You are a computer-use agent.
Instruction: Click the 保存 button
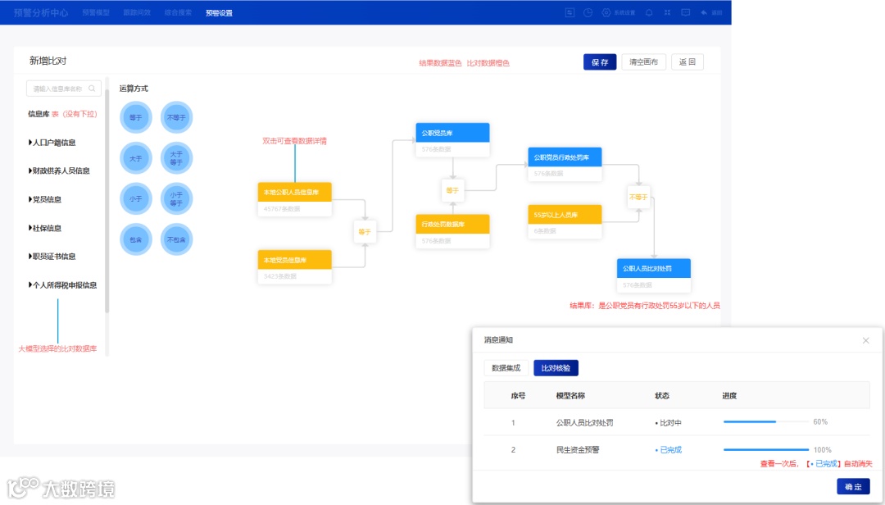599,62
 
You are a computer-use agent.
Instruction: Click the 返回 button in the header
687,62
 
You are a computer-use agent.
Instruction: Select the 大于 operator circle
135,157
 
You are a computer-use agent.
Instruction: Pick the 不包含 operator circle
176,239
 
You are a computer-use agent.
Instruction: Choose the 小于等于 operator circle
176,198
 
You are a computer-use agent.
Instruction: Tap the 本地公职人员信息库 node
294,192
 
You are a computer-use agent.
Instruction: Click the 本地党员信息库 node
294,260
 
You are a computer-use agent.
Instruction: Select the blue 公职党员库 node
452,133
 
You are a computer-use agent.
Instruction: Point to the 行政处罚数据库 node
452,224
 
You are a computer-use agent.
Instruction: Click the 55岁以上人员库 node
565,215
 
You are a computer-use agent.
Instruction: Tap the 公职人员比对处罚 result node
653,268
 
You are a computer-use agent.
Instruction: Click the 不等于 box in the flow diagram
638,197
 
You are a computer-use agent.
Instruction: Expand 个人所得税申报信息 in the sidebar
63,285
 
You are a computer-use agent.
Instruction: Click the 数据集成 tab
506,368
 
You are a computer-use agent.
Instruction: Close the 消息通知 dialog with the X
865,340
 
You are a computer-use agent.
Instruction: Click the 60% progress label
820,422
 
